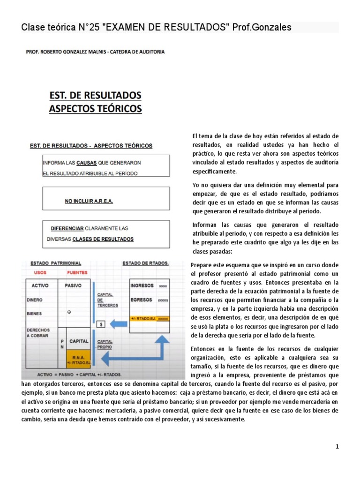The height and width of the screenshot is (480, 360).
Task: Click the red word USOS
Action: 39,272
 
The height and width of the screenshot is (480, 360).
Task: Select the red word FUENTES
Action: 77,272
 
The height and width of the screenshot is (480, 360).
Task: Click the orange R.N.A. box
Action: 78,358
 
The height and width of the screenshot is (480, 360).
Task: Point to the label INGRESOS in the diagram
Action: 142,285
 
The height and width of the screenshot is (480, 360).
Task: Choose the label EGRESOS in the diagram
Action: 141,299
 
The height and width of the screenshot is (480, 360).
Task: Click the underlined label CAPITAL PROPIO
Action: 105,345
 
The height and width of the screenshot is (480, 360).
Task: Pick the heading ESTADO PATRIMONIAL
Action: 55,263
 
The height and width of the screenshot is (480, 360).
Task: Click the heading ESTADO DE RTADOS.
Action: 146,263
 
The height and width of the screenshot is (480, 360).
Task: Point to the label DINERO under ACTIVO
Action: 35,299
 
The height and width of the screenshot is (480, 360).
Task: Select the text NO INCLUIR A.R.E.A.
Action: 89,201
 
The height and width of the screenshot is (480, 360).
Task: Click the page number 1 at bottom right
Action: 337,447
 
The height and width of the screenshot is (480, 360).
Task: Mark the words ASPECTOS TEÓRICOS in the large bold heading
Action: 95,109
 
